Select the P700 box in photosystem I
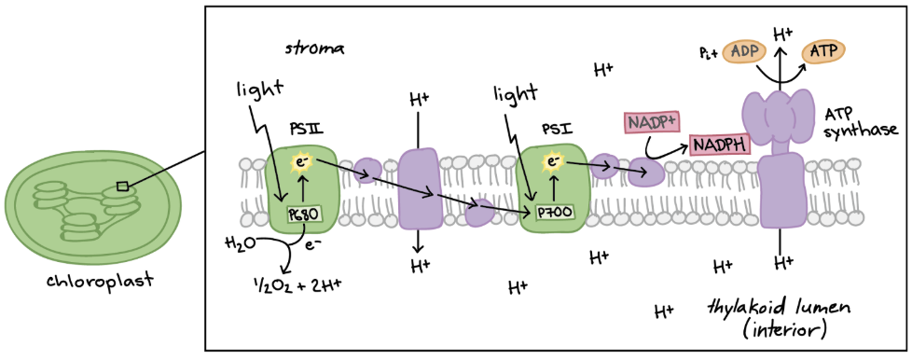click(x=553, y=214)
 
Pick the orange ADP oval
click(x=744, y=52)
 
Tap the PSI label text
click(x=551, y=128)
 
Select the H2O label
click(x=239, y=243)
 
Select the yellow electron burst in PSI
click(x=553, y=163)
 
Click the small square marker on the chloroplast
click(x=122, y=187)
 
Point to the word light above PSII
click(x=258, y=89)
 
